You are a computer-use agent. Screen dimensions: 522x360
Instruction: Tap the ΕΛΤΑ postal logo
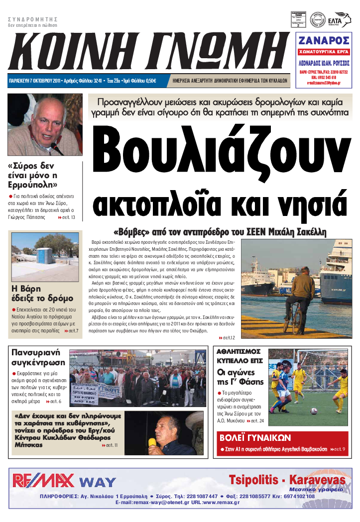[342, 19]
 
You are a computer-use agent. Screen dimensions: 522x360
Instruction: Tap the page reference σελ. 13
[67, 217]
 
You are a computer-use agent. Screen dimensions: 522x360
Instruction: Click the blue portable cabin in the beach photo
[45, 256]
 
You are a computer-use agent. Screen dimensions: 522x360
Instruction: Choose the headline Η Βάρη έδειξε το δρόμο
[36, 293]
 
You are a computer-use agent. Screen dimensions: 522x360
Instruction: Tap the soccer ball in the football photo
[314, 411]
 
